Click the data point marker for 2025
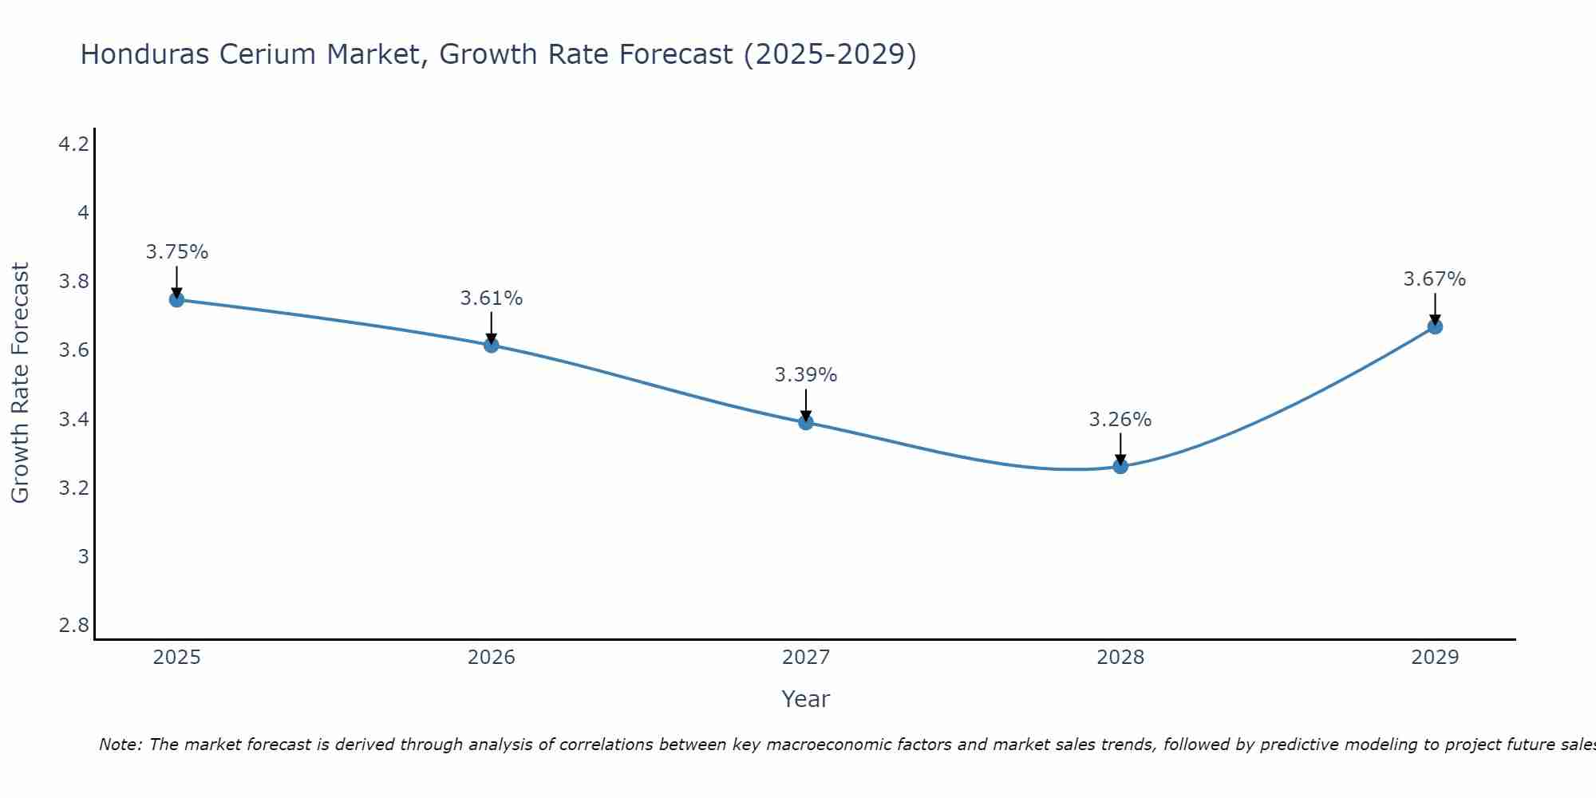tap(176, 300)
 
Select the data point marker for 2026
tap(491, 346)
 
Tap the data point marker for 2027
tap(805, 422)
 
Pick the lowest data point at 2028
tap(1120, 466)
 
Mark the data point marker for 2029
tap(1435, 326)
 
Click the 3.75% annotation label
tap(176, 252)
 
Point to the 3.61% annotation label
tap(491, 298)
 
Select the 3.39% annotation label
tap(805, 375)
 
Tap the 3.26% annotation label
tap(1120, 420)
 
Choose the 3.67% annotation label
tap(1435, 279)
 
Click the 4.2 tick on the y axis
tap(73, 144)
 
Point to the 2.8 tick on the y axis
tap(73, 625)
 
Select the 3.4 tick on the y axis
tap(73, 419)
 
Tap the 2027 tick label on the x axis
tap(805, 658)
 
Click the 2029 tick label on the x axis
tap(1435, 658)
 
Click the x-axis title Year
tap(805, 699)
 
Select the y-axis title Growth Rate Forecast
tap(20, 383)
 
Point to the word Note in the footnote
tap(119, 745)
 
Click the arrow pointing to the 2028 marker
tap(1120, 448)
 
